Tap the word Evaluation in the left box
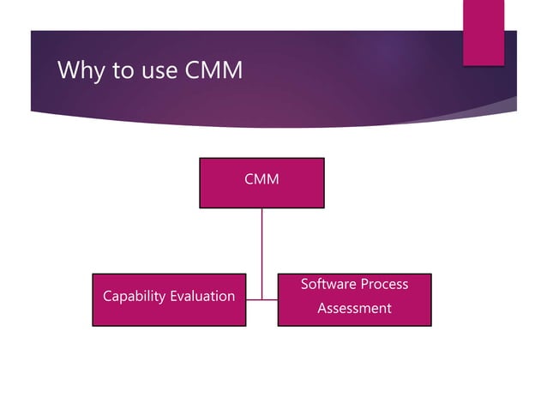pos(201,296)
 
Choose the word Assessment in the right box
pos(354,308)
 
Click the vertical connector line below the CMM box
pos(261,249)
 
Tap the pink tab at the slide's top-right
pos(484,32)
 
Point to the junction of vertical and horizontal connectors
pos(261,299)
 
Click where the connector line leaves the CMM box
pos(261,209)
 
